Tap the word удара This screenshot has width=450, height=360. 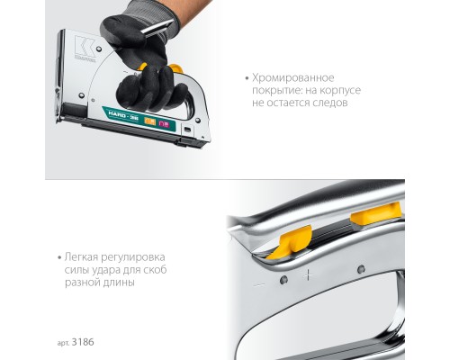click(105, 268)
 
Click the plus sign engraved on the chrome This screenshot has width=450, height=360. click(309, 275)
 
